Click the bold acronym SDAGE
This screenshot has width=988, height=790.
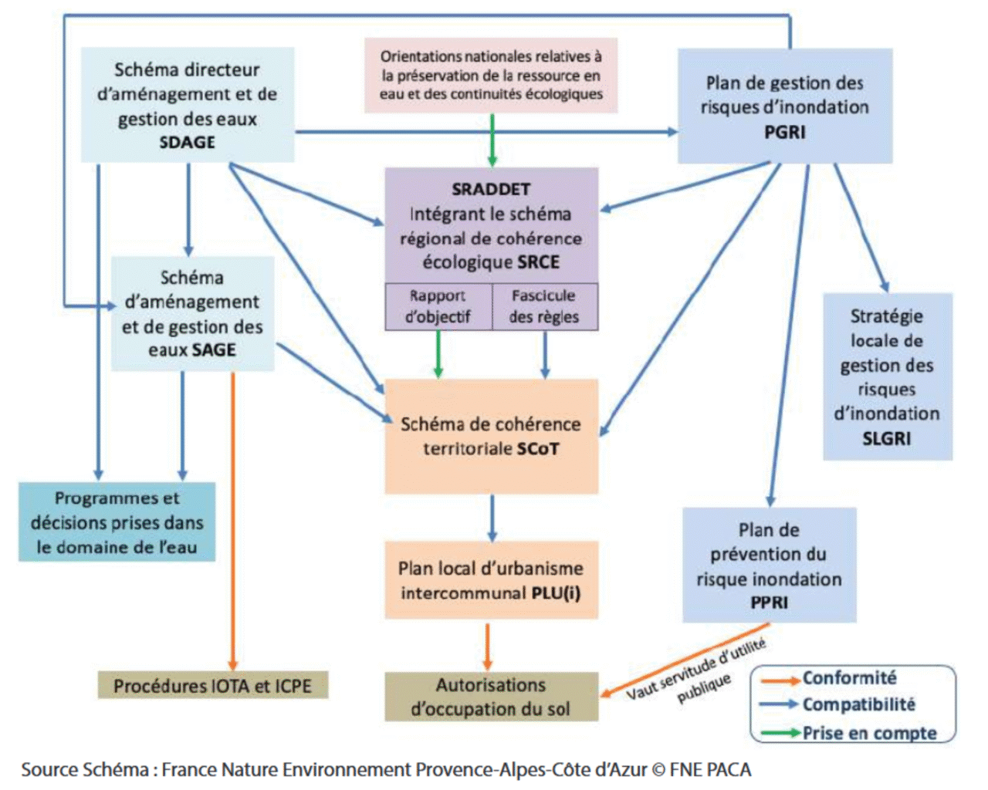tap(188, 143)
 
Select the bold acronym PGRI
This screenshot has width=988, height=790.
tap(785, 133)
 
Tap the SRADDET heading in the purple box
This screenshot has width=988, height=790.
tap(491, 189)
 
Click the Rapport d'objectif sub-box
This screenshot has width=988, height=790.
tap(438, 306)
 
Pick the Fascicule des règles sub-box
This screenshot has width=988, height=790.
tap(544, 306)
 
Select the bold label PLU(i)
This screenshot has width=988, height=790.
tap(556, 593)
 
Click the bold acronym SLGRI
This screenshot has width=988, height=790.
tap(887, 438)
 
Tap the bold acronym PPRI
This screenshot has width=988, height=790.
tap(770, 603)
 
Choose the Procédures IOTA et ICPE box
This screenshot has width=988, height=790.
tap(212, 686)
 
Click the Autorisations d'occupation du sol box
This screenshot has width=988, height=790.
tap(491, 697)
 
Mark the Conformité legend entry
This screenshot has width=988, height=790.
tap(849, 678)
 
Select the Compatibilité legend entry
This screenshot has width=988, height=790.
tap(858, 704)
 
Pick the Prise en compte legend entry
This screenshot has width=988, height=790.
tap(869, 733)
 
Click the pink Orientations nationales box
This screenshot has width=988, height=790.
tap(491, 76)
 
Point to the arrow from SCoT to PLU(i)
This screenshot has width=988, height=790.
tap(492, 517)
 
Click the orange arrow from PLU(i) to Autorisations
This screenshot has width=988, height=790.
tap(487, 646)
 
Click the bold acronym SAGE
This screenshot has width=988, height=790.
tap(215, 350)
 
